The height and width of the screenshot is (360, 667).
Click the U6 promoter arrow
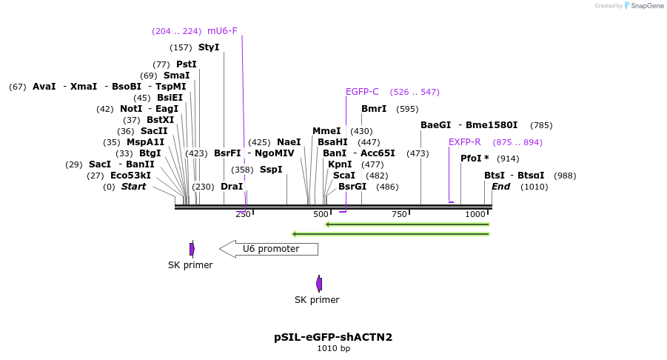pyautogui.click(x=269, y=249)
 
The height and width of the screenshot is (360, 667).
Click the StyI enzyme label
pyautogui.click(x=209, y=47)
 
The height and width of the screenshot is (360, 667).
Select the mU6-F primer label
pyautogui.click(x=222, y=31)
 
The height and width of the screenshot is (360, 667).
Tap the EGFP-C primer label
pyautogui.click(x=362, y=92)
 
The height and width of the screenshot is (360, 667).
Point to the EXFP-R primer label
pyautogui.click(x=464, y=142)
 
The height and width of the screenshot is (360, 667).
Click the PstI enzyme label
pyautogui.click(x=187, y=64)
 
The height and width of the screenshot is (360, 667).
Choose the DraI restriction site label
pyautogui.click(x=232, y=187)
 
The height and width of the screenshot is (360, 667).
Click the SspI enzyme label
pyautogui.click(x=271, y=170)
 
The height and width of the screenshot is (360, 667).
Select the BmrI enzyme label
pyautogui.click(x=374, y=109)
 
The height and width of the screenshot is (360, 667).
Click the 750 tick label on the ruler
pyautogui.click(x=399, y=214)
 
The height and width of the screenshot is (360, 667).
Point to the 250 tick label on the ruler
pyautogui.click(x=243, y=214)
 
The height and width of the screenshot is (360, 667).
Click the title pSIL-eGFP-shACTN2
pyautogui.click(x=333, y=337)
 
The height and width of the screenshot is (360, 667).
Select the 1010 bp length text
pyautogui.click(x=333, y=348)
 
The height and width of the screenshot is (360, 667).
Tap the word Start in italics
pyautogui.click(x=134, y=187)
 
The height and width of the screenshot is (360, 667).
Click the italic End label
pyautogui.click(x=500, y=187)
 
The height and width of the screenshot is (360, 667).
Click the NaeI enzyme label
pyautogui.click(x=289, y=142)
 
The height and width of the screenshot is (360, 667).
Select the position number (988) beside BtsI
pyautogui.click(x=565, y=176)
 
